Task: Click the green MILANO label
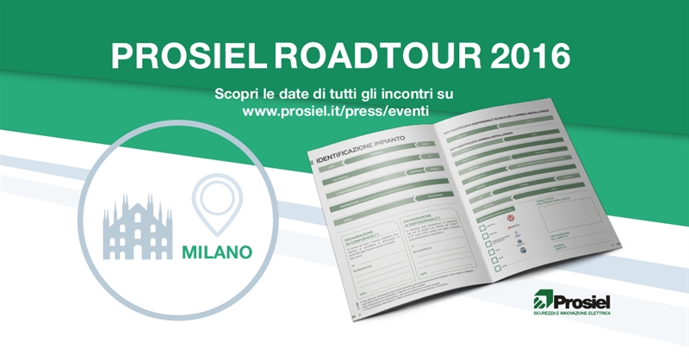pos(217,252)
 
